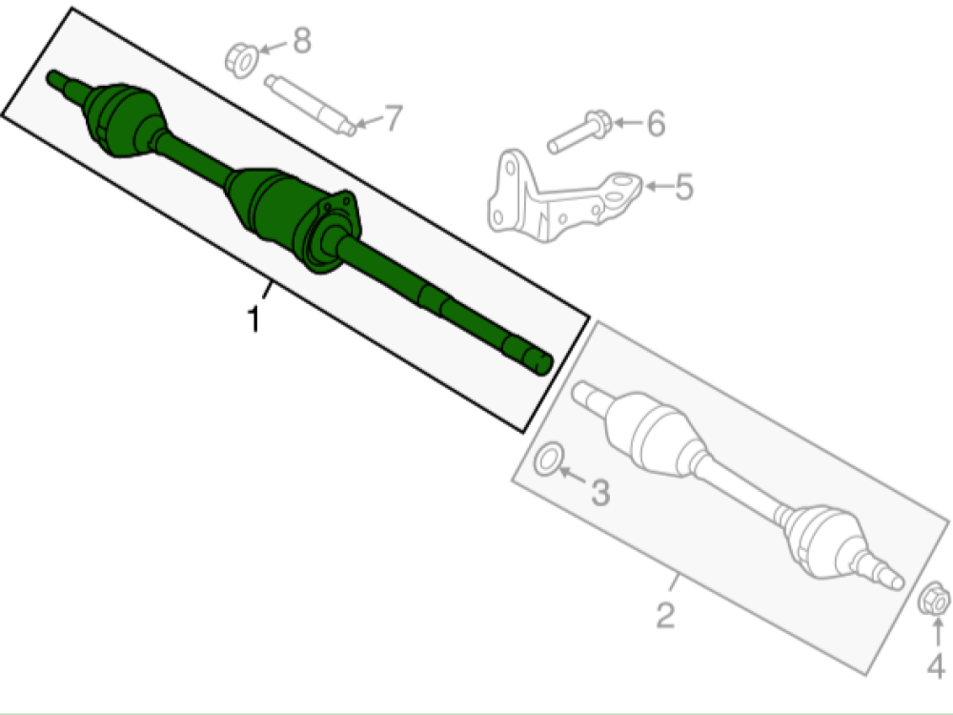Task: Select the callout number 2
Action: [x=666, y=614]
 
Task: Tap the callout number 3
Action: [x=599, y=493]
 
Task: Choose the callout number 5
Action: [x=683, y=187]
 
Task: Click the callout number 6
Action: [x=655, y=123]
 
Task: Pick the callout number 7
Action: [x=391, y=118]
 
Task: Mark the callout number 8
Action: [x=301, y=41]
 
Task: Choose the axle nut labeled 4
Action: [x=933, y=601]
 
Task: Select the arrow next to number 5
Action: [x=655, y=186]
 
